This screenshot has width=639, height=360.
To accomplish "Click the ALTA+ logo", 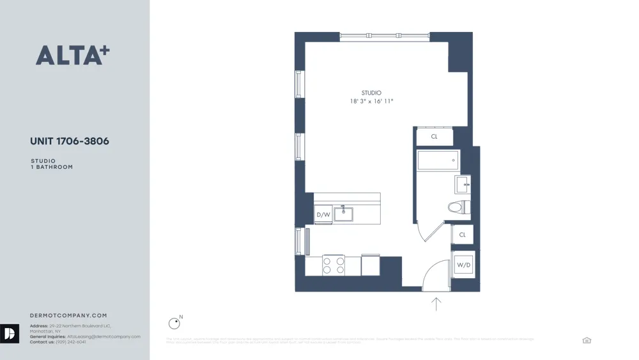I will pos(72,56).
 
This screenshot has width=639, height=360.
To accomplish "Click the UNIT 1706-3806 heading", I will pos(70,141).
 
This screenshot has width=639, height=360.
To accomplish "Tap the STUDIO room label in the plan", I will pos(371,93).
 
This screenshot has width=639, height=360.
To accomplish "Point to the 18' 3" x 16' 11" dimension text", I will pos(371,102).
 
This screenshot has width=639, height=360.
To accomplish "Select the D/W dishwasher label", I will pos(323,215).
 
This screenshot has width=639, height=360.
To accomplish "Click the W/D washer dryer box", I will pos(463,265).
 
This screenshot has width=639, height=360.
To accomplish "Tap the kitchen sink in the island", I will pos(344,213).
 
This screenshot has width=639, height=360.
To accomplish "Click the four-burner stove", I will pos(333,265).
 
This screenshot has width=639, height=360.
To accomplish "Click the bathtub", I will pos(438,160).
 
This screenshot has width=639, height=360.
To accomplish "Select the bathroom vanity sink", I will pos(462,185).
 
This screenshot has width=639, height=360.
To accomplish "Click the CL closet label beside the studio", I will pos(435,137).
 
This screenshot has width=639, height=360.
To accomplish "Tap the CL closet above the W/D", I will pos(463,235).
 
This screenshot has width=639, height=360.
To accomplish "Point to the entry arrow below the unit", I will pos(436,304).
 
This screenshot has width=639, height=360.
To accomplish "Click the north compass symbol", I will pos(174,324).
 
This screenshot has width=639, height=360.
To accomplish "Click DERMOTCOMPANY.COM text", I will pos(68,315).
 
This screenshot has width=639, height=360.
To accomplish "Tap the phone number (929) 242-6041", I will pos(71,342).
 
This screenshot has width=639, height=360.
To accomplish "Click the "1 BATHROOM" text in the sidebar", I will pos(52,167).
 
